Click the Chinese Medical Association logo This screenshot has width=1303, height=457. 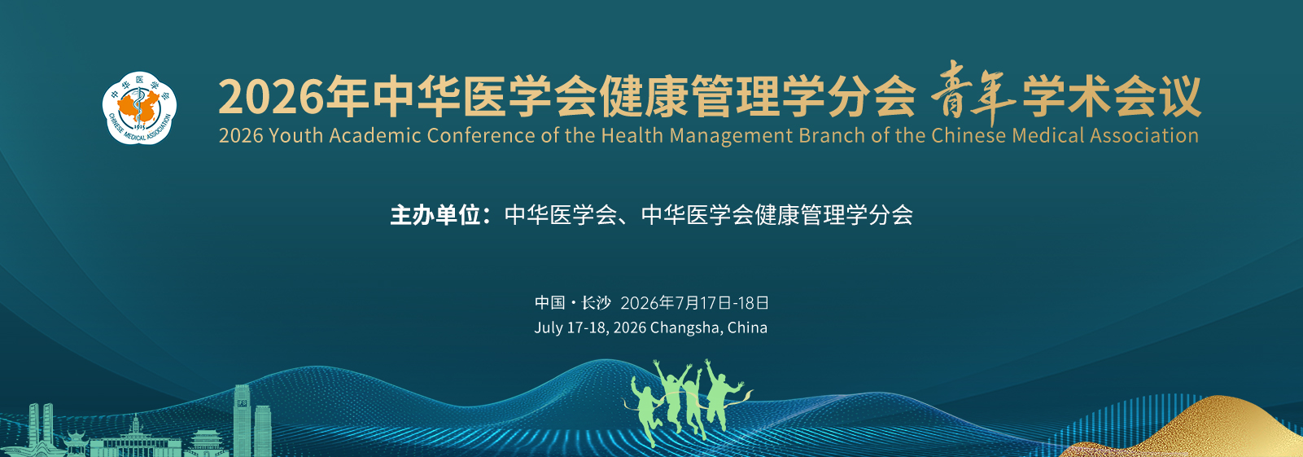(139, 108)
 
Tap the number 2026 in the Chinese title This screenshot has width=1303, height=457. (271, 97)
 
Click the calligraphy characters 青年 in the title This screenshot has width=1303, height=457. (973, 93)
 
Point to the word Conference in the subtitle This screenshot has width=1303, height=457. (480, 136)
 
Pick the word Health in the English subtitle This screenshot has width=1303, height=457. (632, 136)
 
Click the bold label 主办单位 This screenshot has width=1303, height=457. (435, 215)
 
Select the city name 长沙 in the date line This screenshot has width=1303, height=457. (596, 303)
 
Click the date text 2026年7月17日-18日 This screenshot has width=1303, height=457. (694, 303)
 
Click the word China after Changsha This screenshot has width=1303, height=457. (747, 327)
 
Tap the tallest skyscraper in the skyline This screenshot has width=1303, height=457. (242, 420)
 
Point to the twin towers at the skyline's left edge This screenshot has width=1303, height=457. (41, 428)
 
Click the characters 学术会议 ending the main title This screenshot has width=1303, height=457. (1112, 96)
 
